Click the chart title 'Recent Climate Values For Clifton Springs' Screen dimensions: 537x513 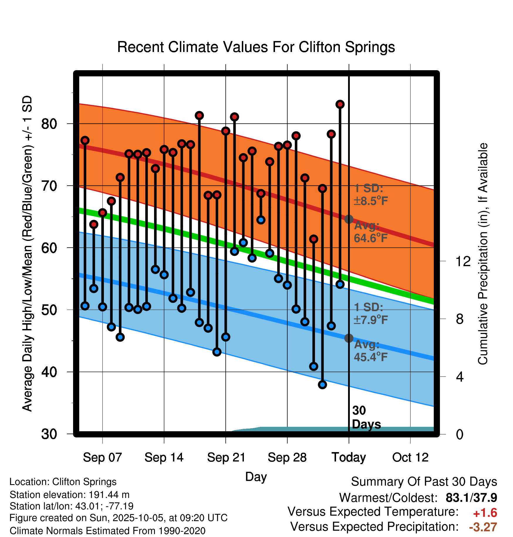coord(256,47)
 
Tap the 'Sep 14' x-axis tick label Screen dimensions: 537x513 coord(164,457)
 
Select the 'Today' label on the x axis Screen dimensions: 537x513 coord(349,457)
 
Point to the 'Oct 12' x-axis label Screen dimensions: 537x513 coord(410,457)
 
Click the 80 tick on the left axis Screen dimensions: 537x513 coord(49,124)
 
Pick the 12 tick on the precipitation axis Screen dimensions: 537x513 coord(463,261)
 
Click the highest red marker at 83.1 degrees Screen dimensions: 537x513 coord(340,104)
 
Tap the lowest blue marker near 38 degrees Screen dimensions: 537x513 coord(322,385)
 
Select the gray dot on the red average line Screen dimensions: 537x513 coord(349,219)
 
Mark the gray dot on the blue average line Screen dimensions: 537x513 coord(349,338)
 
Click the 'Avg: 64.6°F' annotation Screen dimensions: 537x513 coord(370,232)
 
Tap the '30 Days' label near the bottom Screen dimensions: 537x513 coord(366,417)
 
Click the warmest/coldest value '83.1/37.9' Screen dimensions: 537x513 coord(471,498)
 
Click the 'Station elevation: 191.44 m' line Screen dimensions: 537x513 coord(70,495)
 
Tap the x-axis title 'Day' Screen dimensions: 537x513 coord(256,477)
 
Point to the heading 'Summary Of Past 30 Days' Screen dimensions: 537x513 coord(424,482)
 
